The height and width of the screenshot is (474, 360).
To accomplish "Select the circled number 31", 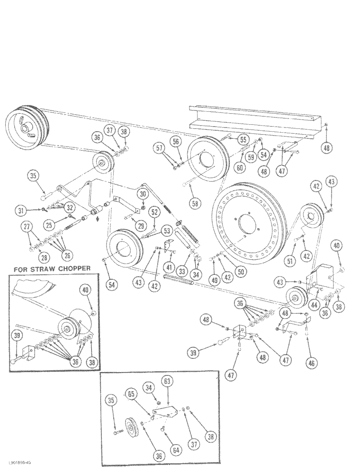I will pyautogui.click(x=20, y=210).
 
